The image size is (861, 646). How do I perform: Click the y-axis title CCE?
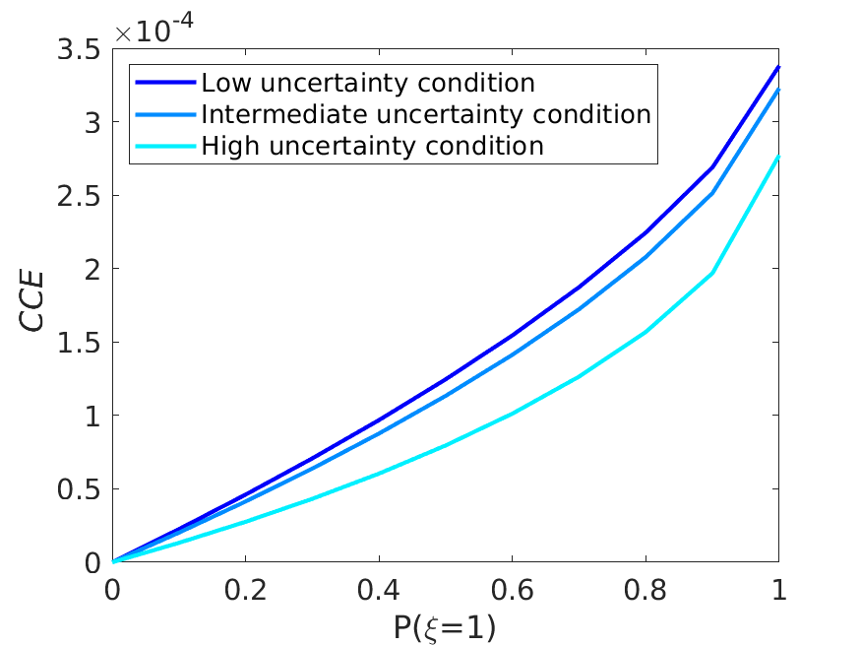click(34, 305)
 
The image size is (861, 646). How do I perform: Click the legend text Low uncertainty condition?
click(368, 82)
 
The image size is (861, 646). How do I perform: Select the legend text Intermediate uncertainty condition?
click(425, 114)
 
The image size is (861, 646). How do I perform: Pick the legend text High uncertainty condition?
click(372, 147)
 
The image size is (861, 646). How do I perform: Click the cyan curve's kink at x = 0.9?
click(711, 273)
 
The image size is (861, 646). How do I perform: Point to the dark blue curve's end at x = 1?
click(778, 67)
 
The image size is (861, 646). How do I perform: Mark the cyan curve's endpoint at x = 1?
click(778, 156)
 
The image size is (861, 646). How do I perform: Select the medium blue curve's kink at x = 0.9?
click(711, 193)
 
